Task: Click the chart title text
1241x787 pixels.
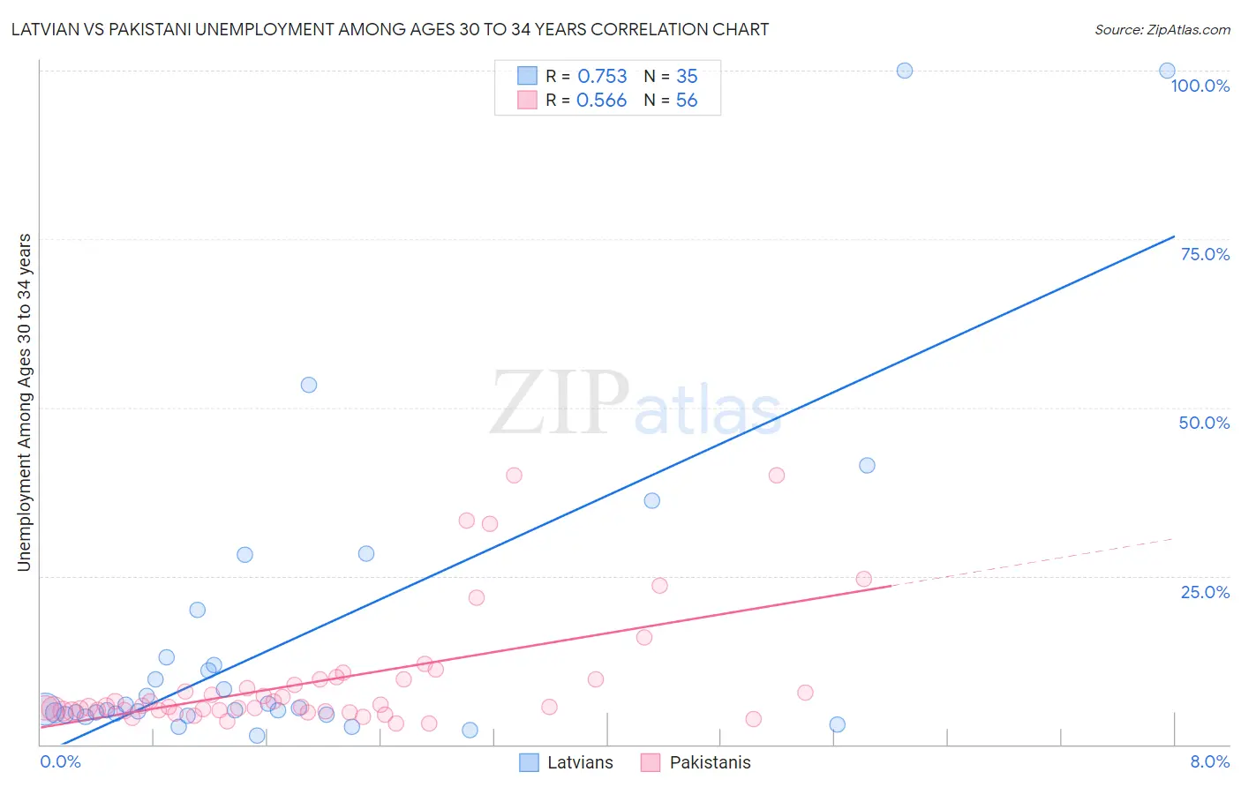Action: click(390, 29)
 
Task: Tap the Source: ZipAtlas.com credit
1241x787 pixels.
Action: click(1162, 29)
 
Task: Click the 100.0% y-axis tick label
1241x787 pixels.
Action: click(1200, 86)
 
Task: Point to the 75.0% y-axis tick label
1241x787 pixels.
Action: click(1205, 254)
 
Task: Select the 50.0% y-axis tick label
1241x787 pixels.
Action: click(1204, 423)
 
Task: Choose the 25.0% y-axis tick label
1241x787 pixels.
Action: click(1205, 592)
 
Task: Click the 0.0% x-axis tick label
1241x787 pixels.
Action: click(61, 761)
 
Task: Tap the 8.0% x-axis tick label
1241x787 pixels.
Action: click(1209, 761)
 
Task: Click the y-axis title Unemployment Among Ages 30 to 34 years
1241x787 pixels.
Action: click(25, 402)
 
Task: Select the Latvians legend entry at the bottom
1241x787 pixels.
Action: click(566, 762)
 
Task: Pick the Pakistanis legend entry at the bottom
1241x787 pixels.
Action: click(696, 762)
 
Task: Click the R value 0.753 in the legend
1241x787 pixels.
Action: click(602, 77)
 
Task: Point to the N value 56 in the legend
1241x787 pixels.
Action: click(687, 101)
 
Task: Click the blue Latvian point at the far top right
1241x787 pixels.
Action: click(1167, 71)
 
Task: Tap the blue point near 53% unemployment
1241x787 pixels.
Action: click(309, 385)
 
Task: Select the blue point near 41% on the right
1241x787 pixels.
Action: click(867, 465)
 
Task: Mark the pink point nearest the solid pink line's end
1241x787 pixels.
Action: click(863, 579)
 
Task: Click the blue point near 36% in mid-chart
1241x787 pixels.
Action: click(651, 500)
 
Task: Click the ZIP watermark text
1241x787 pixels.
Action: click(560, 403)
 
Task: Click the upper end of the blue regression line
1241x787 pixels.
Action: click(1174, 236)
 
